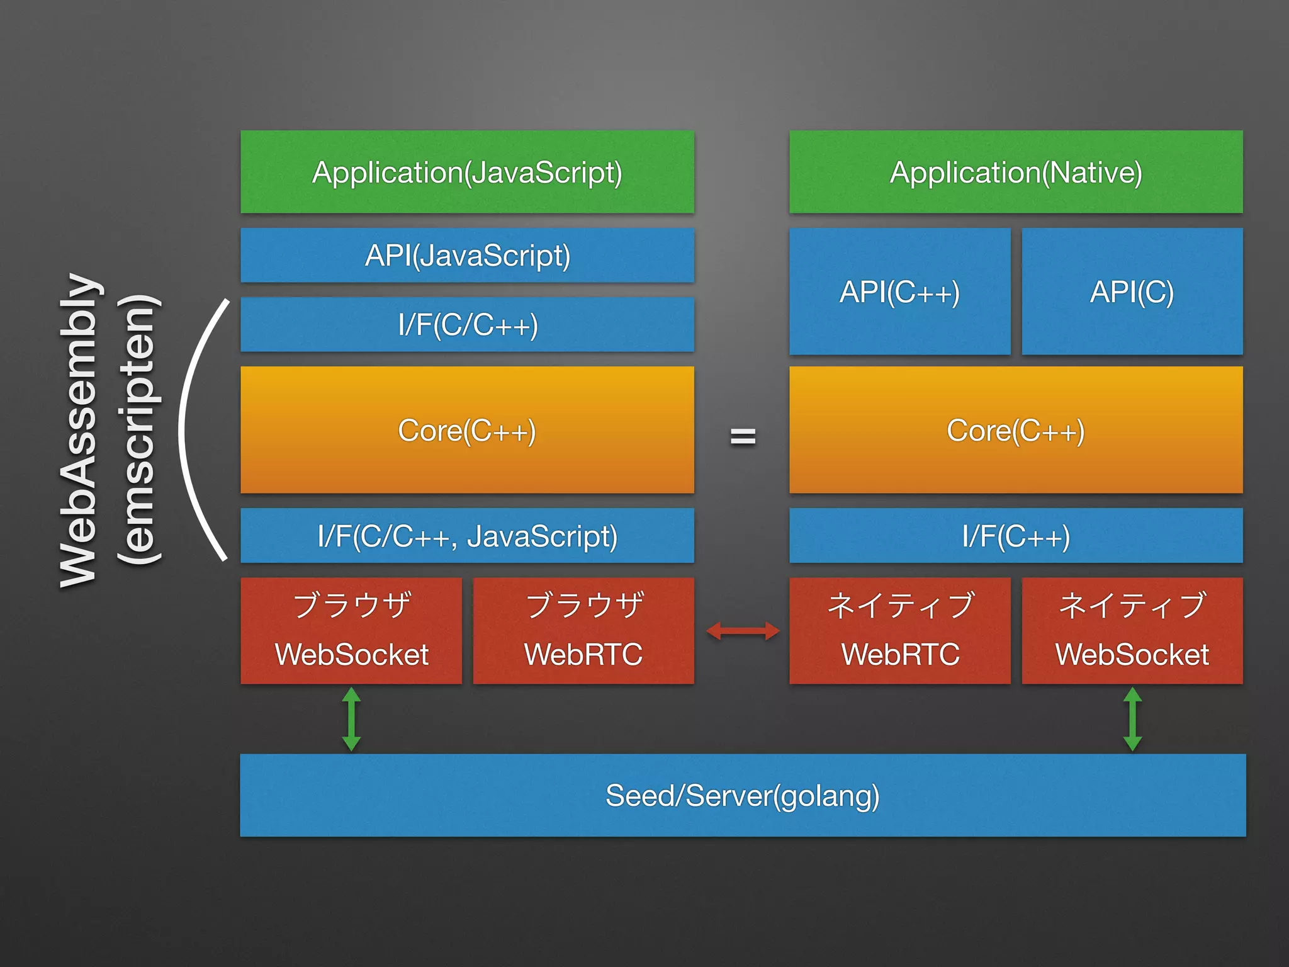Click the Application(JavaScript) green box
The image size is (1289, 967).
pyautogui.click(x=467, y=172)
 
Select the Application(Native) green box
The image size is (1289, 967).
pyautogui.click(x=1016, y=172)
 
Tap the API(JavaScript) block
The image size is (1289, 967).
pyautogui.click(x=467, y=256)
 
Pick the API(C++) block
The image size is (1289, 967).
pyautogui.click(x=899, y=291)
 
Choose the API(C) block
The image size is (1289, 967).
pyautogui.click(x=1132, y=291)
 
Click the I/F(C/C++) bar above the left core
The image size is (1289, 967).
pyautogui.click(x=467, y=325)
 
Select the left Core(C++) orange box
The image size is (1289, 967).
pyautogui.click(x=467, y=431)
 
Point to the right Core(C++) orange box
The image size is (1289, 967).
pyautogui.click(x=1016, y=431)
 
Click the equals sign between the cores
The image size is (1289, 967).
pyautogui.click(x=743, y=436)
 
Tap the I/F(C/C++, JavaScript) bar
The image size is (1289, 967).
pyautogui.click(x=467, y=536)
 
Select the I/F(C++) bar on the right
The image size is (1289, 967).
pyautogui.click(x=1016, y=536)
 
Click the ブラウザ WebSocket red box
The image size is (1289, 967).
pyautogui.click(x=351, y=631)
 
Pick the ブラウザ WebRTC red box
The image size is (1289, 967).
pyautogui.click(x=583, y=631)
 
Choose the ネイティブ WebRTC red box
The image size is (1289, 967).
pyautogui.click(x=899, y=631)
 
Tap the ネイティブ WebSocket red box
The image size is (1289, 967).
pyautogui.click(x=1132, y=631)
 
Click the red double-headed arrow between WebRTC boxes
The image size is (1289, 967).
pyautogui.click(x=743, y=631)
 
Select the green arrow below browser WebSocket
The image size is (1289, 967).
pyautogui.click(x=351, y=719)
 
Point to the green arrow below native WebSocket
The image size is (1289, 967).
pyautogui.click(x=1132, y=719)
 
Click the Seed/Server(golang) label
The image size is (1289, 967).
pyautogui.click(x=743, y=796)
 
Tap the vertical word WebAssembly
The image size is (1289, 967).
pyautogui.click(x=79, y=431)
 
